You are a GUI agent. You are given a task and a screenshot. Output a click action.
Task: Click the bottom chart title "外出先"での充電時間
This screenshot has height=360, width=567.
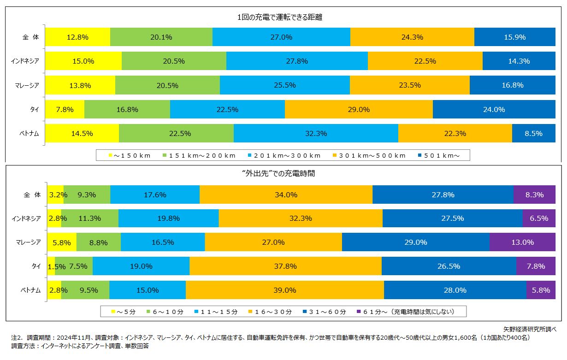tap(283, 174)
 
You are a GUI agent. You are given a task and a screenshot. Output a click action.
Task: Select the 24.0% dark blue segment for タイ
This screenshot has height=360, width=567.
tap(494, 110)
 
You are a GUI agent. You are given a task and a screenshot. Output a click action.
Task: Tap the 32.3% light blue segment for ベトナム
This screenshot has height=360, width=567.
tap(316, 134)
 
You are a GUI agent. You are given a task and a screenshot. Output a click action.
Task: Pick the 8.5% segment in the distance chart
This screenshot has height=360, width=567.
tap(533, 134)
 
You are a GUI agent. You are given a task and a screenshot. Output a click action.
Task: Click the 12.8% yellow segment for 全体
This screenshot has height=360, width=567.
tap(77, 37)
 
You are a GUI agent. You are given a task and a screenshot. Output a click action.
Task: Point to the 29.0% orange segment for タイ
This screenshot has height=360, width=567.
tap(359, 110)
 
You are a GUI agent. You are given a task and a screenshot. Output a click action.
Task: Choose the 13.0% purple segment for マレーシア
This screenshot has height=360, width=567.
tap(522, 242)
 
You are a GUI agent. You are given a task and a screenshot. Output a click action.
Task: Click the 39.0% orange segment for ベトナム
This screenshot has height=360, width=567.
tap(284, 290)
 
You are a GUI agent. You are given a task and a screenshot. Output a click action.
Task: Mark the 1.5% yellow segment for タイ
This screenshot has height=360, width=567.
tap(51, 266)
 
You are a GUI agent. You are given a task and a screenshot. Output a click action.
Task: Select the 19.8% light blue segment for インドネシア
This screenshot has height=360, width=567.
tap(168, 218)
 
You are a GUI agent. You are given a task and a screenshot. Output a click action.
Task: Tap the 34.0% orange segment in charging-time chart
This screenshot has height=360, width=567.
tap(286, 195)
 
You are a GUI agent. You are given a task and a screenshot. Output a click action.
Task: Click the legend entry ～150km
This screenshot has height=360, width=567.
tap(130, 156)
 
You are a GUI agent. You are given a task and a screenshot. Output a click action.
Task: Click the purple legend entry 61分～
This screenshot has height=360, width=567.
tap(406, 312)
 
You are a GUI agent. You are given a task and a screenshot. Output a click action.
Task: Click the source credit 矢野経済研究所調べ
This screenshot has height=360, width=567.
tap(530, 329)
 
